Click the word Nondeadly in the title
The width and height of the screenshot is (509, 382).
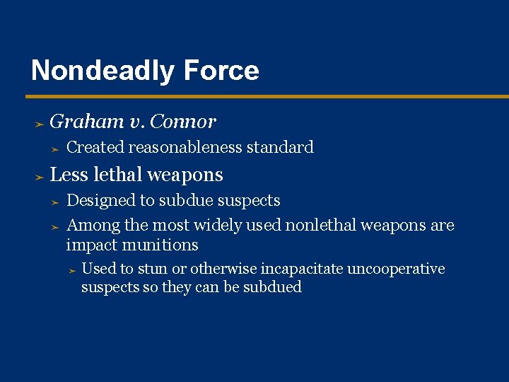[103, 71]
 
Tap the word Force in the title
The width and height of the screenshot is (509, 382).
[221, 71]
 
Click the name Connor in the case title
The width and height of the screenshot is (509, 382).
[183, 122]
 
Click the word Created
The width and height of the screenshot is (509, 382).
[95, 147]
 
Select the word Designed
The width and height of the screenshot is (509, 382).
[100, 200]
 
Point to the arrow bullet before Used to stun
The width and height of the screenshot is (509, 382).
[71, 270]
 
